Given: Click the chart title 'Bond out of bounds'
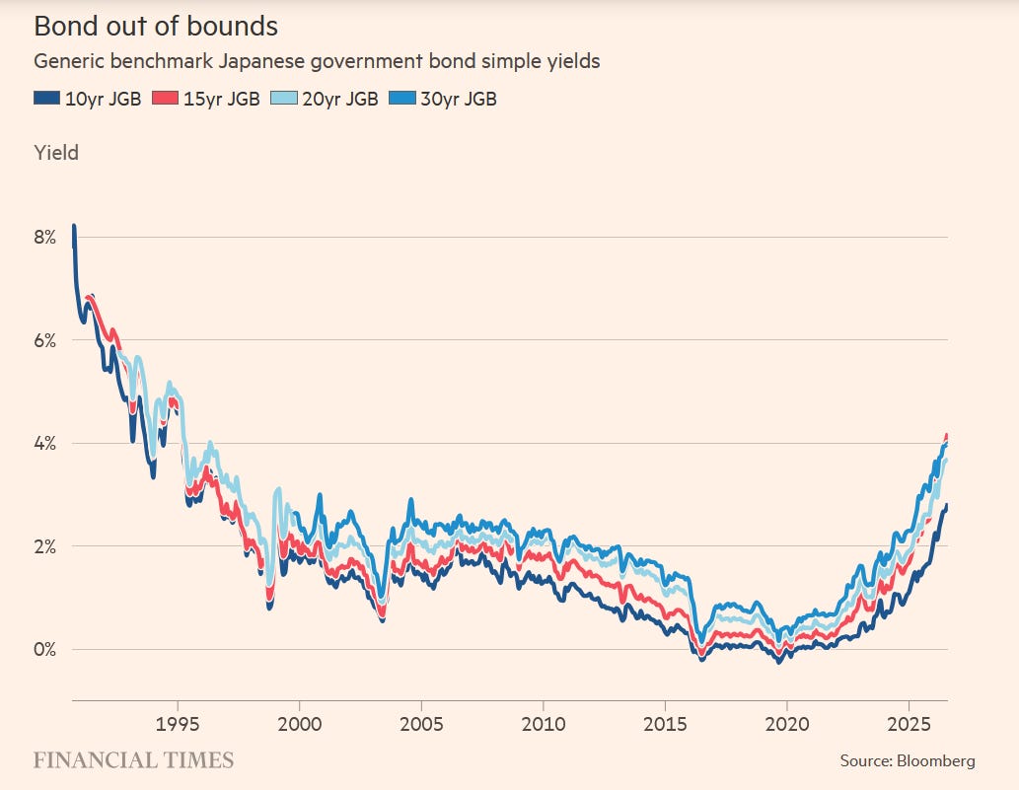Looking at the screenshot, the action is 156,27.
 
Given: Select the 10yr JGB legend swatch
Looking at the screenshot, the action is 46,98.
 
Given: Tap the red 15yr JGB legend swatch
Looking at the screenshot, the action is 165,98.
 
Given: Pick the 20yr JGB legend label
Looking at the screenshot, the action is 340,99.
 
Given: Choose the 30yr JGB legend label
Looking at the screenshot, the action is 459,99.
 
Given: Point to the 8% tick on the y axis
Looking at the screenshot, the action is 45,237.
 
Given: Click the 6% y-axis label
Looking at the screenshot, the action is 45,340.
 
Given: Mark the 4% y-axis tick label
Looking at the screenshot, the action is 45,443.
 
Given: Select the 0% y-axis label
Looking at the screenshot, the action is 45,649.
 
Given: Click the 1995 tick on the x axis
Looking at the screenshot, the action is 178,724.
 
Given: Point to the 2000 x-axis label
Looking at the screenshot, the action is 300,724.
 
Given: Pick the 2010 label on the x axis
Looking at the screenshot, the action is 544,724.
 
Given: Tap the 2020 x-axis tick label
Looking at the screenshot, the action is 787,724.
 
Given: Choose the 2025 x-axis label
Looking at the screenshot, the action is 909,724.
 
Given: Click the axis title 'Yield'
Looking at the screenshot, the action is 56,153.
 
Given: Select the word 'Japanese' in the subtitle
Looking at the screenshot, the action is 261,62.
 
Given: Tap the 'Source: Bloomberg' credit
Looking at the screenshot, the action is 908,760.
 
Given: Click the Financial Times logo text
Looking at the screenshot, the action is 133,760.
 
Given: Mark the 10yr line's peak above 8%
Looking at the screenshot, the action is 74,226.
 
